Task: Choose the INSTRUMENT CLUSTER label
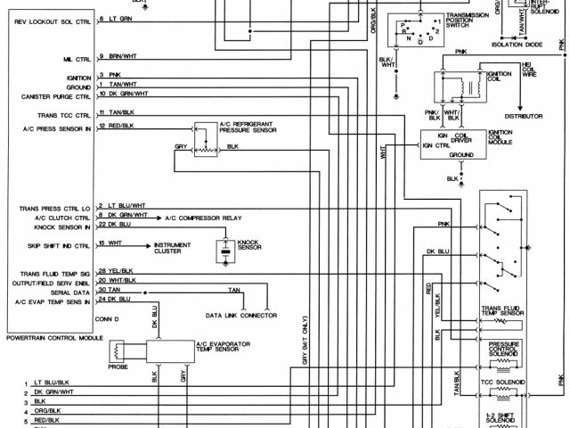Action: click(x=173, y=248)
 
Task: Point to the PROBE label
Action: click(x=118, y=366)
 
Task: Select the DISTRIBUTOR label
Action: click(x=523, y=116)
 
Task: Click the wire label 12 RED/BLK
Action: click(x=115, y=126)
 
